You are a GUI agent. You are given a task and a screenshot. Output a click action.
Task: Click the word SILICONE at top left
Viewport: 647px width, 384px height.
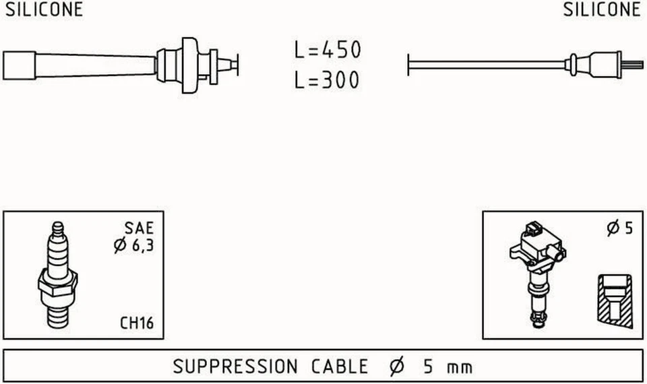[44, 9]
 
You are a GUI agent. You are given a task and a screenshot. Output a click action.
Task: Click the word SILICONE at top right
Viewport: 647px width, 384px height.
[602, 9]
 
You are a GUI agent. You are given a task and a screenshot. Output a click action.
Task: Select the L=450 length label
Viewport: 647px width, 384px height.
[328, 50]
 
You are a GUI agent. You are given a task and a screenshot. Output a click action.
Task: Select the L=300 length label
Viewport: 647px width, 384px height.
[328, 81]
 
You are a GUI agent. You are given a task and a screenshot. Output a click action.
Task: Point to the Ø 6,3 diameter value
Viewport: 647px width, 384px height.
[133, 246]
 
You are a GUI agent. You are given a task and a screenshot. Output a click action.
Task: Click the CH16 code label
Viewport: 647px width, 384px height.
[137, 323]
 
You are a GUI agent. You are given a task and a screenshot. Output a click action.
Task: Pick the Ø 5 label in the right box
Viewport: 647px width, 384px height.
[619, 228]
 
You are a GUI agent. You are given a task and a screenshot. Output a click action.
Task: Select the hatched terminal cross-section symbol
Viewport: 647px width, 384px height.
[615, 301]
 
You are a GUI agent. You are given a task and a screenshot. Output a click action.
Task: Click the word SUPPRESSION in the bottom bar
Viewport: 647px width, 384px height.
[235, 367]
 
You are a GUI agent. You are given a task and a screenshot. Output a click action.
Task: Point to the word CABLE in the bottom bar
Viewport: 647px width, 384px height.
[339, 367]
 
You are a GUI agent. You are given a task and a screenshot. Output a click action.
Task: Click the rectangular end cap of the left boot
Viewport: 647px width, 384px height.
[18, 66]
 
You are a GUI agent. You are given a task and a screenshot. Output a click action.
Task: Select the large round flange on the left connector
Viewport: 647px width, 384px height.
[190, 65]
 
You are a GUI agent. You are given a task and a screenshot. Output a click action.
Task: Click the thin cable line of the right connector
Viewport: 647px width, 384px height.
[485, 65]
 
